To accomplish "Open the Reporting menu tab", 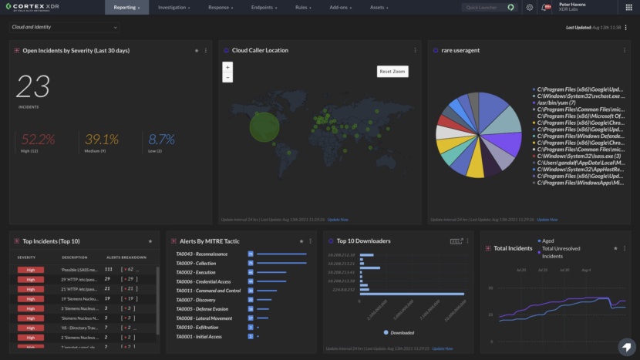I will point(127,7).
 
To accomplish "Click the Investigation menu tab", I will point(175,7).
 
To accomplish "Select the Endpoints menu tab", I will point(265,7).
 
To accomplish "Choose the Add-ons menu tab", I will point(340,7).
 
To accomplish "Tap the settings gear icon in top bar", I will point(530,7).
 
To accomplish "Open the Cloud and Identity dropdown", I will point(64,27).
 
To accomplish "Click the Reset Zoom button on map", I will point(392,71).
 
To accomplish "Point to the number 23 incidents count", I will point(33,87).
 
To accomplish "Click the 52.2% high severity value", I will point(38,140).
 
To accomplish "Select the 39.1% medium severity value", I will point(102,140).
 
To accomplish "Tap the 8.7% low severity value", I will point(162,140).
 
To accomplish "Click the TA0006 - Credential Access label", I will point(203,281).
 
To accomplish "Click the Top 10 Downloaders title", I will point(364,241).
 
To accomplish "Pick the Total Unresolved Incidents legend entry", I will point(563,252).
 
